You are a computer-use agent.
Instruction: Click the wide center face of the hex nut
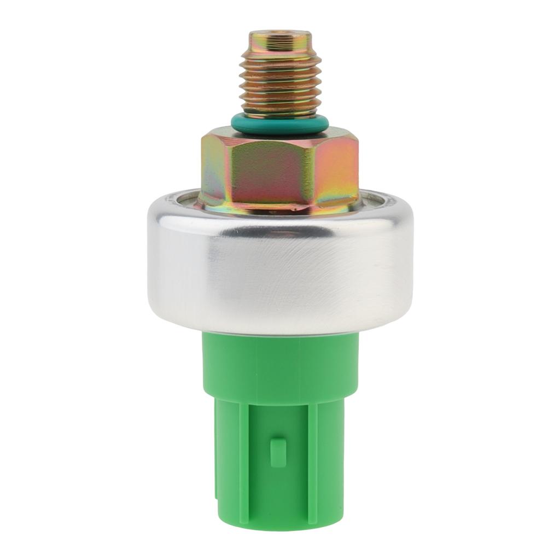[262, 170]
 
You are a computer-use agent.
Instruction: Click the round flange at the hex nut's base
[279, 207]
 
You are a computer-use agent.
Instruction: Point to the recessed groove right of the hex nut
[377, 198]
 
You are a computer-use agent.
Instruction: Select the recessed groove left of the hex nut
[183, 198]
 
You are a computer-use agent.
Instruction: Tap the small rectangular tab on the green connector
[278, 453]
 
